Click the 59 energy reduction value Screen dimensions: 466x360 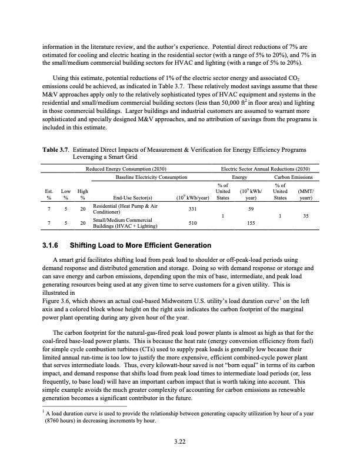251,209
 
